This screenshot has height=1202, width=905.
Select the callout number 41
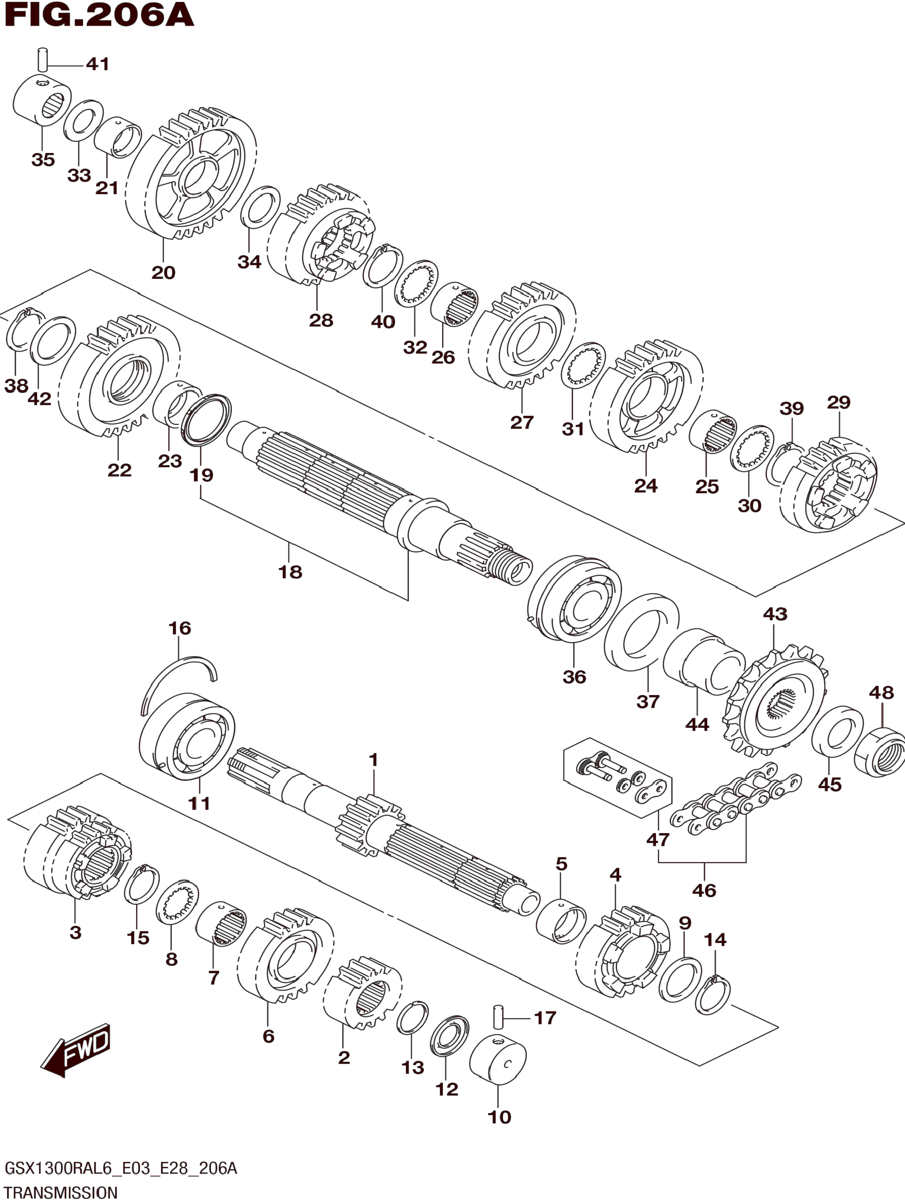point(98,64)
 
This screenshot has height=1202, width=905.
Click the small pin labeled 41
point(43,60)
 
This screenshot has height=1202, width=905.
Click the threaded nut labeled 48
point(880,753)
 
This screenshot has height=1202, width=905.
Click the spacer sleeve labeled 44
point(704,662)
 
